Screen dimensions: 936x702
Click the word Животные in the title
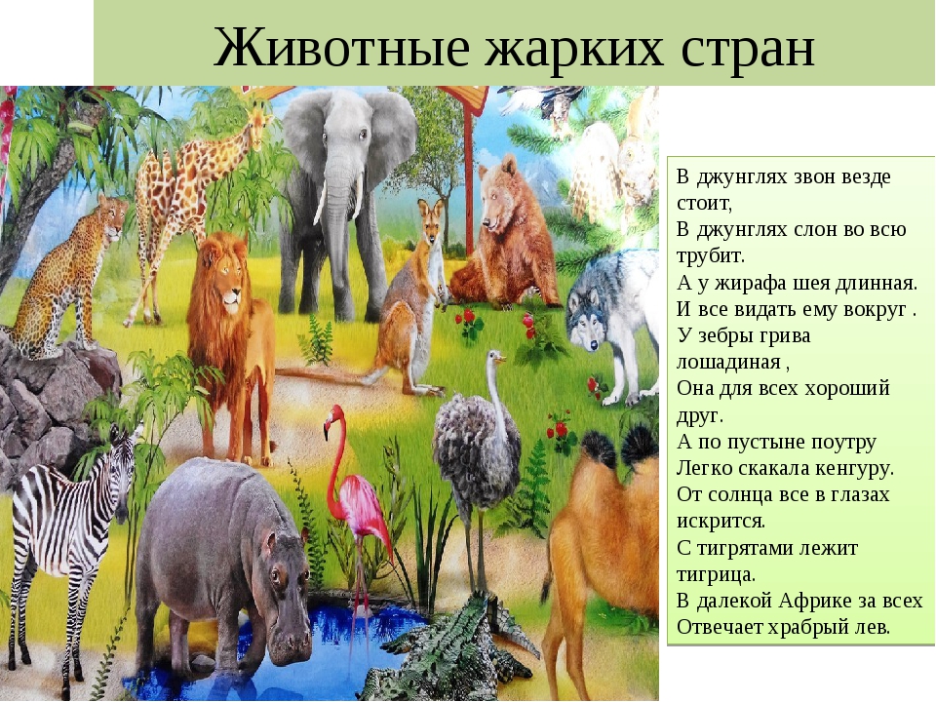click(x=341, y=48)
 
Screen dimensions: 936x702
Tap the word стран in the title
click(x=748, y=49)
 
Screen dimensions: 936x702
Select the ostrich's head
click(x=495, y=358)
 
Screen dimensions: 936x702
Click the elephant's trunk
click(x=337, y=227)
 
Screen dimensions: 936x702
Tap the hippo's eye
click(x=275, y=575)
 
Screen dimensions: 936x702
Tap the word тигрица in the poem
click(x=715, y=574)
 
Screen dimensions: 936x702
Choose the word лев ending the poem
click(x=872, y=627)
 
